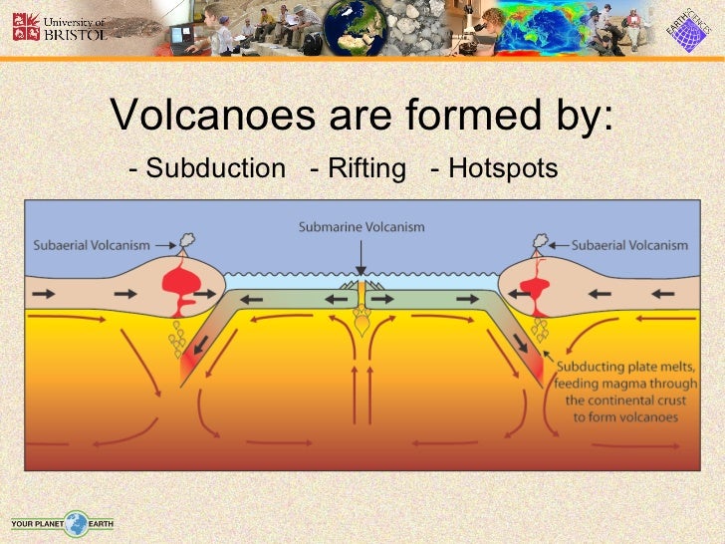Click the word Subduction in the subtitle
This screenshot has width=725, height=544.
[x=215, y=169]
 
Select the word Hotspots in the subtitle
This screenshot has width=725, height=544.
[x=502, y=169]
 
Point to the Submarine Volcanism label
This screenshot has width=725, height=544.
[x=362, y=227]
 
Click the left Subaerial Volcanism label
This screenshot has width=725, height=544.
[x=92, y=245]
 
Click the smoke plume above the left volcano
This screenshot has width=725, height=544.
[x=185, y=241]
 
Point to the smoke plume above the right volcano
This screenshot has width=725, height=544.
[x=541, y=241]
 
